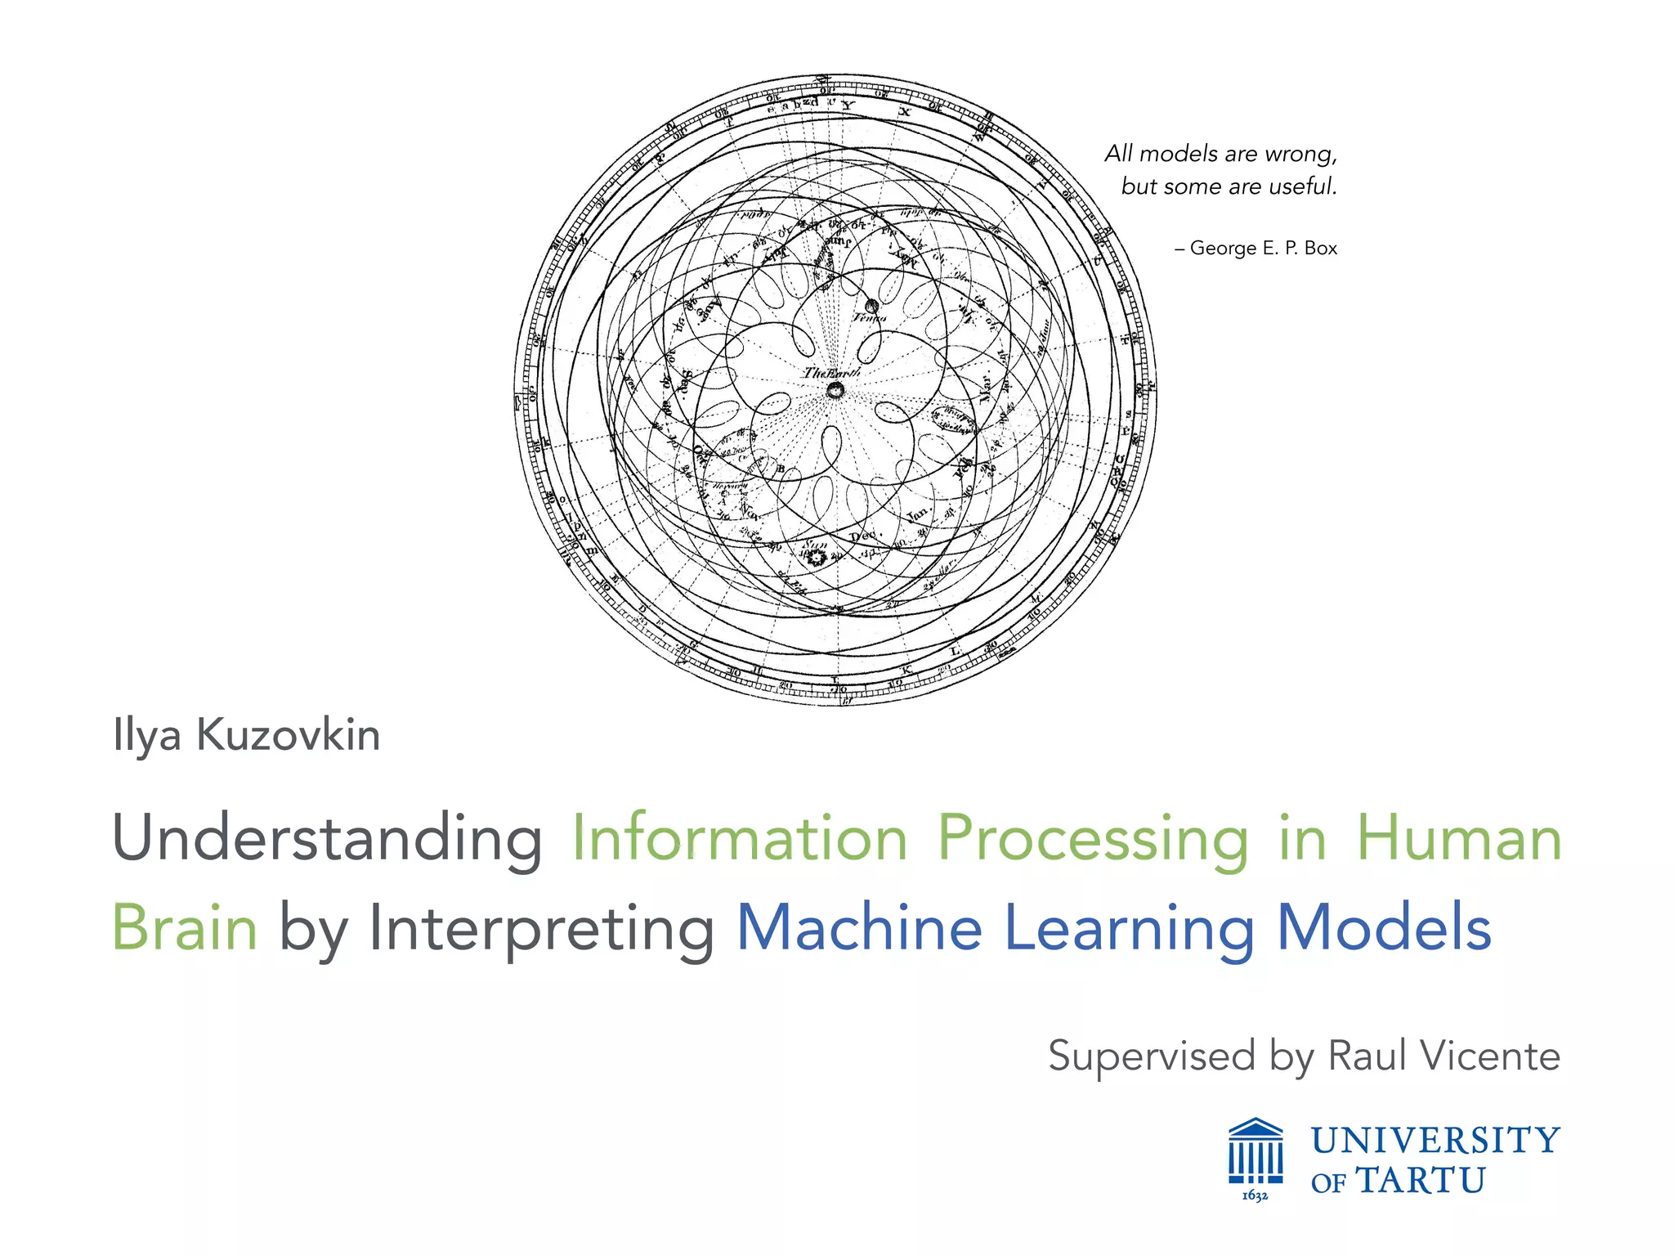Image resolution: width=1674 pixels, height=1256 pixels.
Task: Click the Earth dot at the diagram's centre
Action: click(x=835, y=390)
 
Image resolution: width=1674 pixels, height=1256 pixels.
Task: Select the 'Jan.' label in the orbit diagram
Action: click(x=917, y=515)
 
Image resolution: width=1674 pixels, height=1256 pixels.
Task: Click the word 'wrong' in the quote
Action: click(x=1300, y=155)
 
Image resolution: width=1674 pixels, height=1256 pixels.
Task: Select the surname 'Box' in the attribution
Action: click(x=1321, y=248)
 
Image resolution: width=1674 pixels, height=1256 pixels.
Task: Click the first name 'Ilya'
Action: click(x=147, y=735)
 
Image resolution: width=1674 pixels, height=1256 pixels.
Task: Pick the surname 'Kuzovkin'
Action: click(x=289, y=735)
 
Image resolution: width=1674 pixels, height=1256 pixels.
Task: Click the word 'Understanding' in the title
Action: click(x=327, y=839)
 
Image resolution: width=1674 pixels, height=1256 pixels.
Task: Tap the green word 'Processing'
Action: click(x=1093, y=839)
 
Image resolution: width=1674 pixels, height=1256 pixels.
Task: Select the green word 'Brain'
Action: click(x=185, y=928)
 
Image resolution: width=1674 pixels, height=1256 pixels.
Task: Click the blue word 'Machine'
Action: click(x=859, y=928)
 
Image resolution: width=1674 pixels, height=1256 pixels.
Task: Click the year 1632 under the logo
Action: click(x=1255, y=1196)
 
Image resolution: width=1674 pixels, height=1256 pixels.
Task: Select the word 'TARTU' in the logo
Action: click(x=1421, y=1181)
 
